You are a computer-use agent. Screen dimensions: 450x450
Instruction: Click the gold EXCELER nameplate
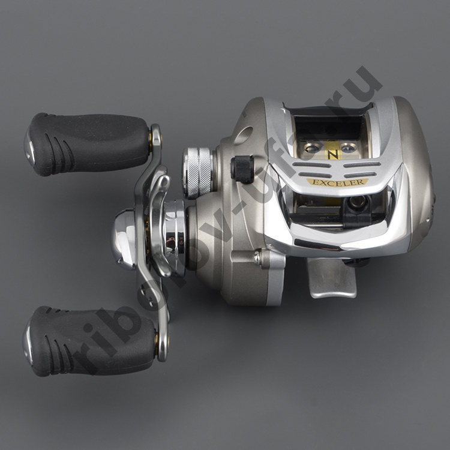coord(337,182)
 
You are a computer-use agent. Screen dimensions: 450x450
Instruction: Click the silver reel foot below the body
coord(332,277)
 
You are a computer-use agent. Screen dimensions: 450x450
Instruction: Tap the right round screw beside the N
coord(348,147)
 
